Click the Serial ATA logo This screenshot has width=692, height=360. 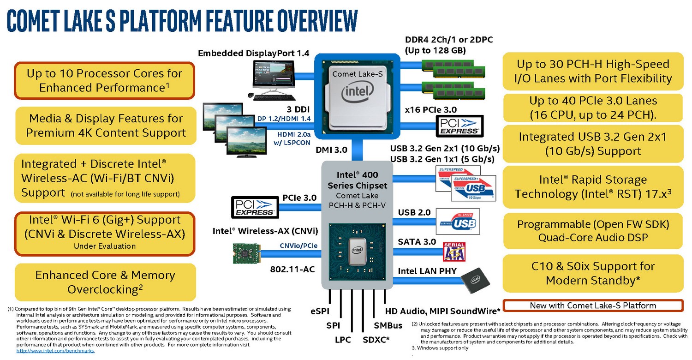tap(454, 252)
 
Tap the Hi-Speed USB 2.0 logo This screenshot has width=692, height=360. tap(458, 221)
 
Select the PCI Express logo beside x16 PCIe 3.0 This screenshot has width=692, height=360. tap(459, 126)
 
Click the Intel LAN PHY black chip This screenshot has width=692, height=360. tap(475, 280)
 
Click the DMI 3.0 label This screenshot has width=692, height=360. tap(332, 150)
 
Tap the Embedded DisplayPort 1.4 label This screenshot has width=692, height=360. tap(253, 53)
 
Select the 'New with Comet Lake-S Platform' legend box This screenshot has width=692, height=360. tap(593, 306)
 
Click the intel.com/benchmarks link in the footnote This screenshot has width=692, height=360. tap(55, 351)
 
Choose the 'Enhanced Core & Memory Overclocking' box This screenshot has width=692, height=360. tap(105, 282)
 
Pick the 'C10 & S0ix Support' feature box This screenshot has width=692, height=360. tap(593, 273)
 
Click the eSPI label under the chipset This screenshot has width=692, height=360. tap(320, 311)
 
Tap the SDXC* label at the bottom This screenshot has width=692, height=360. tap(376, 340)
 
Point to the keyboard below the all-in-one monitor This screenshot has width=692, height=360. tap(274, 98)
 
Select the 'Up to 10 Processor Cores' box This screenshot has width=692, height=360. tap(104, 81)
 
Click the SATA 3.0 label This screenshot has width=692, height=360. tap(417, 242)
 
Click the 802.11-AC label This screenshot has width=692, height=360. tap(292, 270)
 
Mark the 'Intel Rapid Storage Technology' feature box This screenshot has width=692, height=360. tap(593, 187)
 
